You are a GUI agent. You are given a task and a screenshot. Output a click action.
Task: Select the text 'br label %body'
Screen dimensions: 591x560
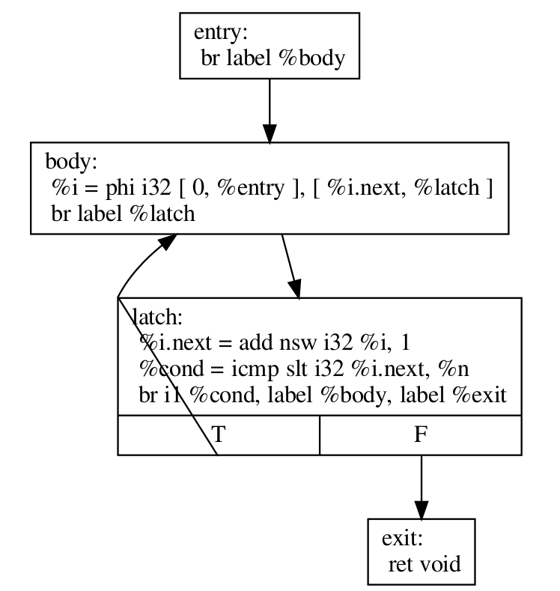tap(273, 58)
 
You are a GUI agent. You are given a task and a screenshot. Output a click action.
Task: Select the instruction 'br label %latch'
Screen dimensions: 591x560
tap(122, 213)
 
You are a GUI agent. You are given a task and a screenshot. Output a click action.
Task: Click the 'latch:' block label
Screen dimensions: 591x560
tap(157, 317)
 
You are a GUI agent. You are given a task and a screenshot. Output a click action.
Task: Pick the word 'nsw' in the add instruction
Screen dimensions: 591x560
tap(293, 343)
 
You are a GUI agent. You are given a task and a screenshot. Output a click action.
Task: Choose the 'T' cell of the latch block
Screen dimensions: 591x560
tap(219, 434)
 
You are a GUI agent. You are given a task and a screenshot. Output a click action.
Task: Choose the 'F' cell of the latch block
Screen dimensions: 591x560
tap(421, 434)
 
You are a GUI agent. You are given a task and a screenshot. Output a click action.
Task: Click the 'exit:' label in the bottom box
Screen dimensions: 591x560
tap(404, 538)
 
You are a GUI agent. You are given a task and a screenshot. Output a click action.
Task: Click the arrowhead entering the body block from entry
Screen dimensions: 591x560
tap(269, 134)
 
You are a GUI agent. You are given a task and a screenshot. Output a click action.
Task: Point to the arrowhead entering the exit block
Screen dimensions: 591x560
tap(421, 509)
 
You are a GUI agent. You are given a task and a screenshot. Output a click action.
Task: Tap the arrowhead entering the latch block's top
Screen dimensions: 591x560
tap(296, 289)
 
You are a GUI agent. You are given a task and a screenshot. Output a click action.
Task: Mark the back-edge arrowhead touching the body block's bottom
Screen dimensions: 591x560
tap(168, 242)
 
